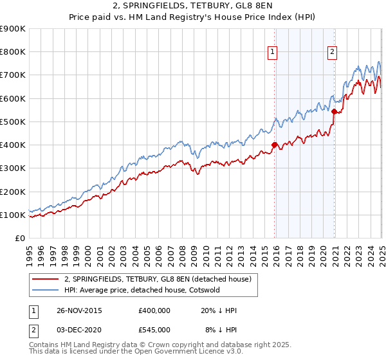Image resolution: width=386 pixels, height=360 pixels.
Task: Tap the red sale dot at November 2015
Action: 275,145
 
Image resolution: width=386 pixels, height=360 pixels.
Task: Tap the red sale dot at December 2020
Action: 335,111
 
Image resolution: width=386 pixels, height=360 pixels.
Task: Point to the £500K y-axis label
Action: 12,122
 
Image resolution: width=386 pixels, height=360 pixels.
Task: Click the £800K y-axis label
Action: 12,52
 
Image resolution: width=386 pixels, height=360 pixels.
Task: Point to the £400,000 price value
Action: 154,310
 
